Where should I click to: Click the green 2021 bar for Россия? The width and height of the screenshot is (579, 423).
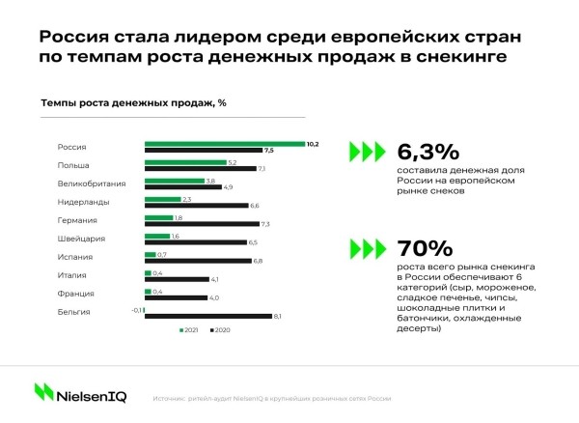click(x=224, y=144)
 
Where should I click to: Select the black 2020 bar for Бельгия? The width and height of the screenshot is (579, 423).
click(x=207, y=316)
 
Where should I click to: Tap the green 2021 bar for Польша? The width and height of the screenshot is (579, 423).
click(x=183, y=162)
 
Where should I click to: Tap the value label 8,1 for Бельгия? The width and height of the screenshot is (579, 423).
click(x=278, y=317)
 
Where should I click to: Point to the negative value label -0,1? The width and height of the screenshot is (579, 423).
click(x=137, y=309)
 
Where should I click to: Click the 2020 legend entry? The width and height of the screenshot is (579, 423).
click(x=221, y=331)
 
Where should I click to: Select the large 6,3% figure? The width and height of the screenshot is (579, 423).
click(x=428, y=153)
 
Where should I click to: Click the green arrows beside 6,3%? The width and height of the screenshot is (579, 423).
click(x=368, y=153)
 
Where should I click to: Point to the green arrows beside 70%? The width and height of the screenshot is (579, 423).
click(x=368, y=246)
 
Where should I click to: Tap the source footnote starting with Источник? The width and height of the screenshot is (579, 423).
click(x=271, y=397)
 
